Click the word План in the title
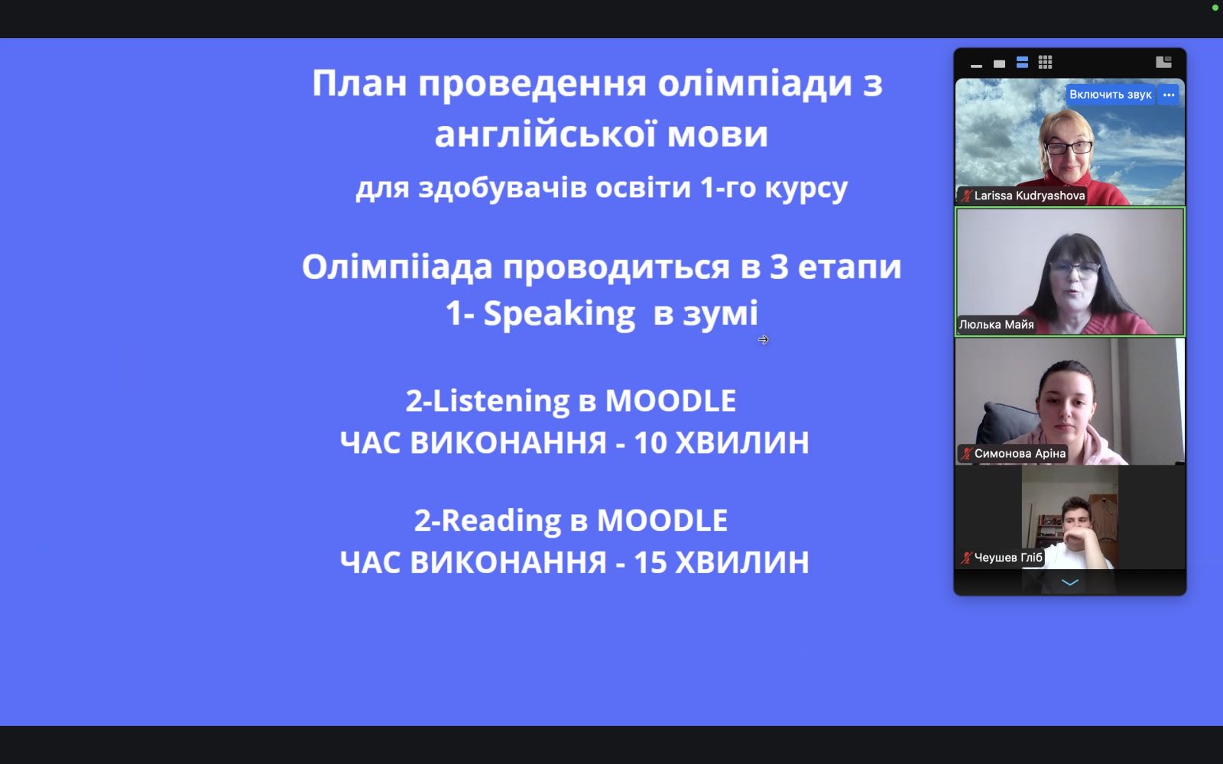(359, 83)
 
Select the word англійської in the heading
(545, 134)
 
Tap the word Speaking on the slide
(559, 314)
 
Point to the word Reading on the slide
(501, 520)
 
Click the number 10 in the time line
(650, 442)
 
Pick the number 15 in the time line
(650, 562)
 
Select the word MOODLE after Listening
(670, 400)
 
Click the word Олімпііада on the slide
(397, 267)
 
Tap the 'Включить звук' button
(1110, 95)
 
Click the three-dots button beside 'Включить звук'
(1169, 95)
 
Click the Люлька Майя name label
(997, 325)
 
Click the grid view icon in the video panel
(1045, 62)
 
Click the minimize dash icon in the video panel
(977, 66)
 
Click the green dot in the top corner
(1215, 8)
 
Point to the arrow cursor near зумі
(764, 340)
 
